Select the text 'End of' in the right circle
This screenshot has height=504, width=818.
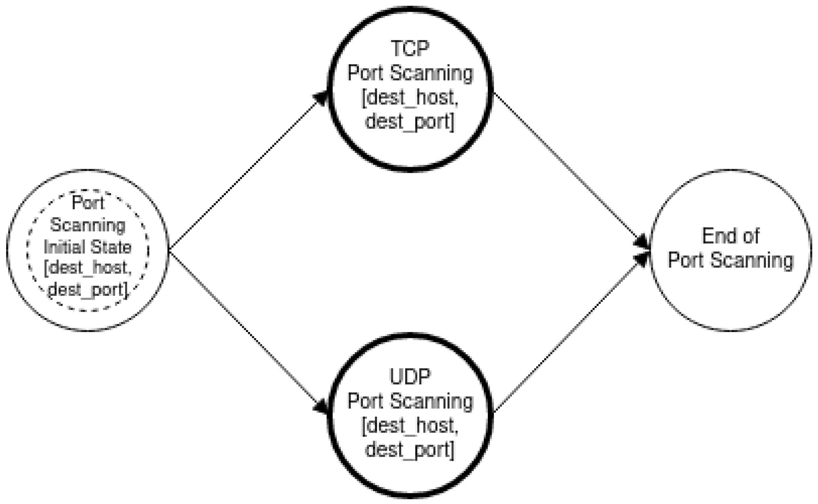point(730,236)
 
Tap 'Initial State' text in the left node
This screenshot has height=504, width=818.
point(88,247)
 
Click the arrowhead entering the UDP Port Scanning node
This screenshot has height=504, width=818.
point(321,406)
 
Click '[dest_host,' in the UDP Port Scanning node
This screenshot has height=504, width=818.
point(410,426)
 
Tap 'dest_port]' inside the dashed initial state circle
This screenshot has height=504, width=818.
point(88,289)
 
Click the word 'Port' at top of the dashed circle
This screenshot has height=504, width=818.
point(88,203)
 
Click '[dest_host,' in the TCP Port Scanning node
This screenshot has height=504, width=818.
point(410,97)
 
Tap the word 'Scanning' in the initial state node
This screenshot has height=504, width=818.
point(88,225)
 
